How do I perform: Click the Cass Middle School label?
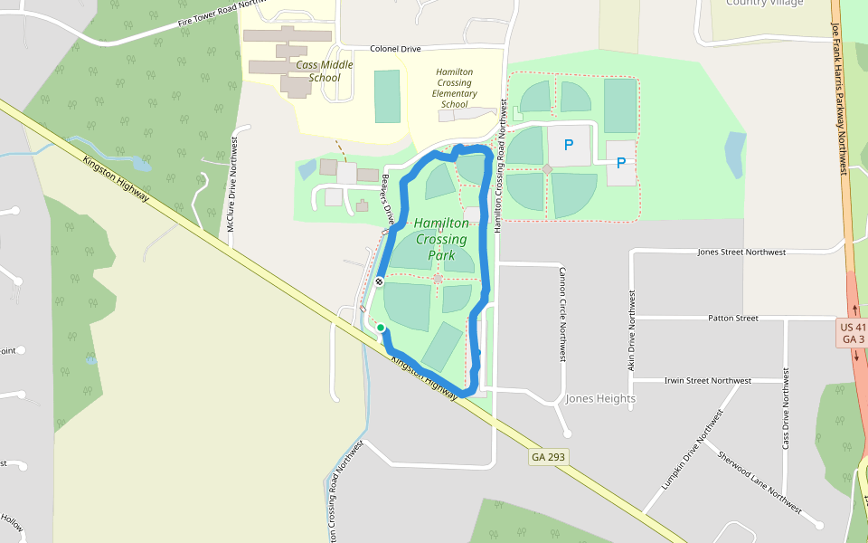(x=318, y=71)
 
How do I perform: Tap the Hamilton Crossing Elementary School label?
(x=454, y=88)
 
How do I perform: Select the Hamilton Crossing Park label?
(x=441, y=239)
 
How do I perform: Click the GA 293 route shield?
(x=549, y=457)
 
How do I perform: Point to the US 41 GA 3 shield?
(x=854, y=333)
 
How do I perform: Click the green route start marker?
(x=381, y=328)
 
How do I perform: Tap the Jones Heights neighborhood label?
(x=600, y=398)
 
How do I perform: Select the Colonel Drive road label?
(x=395, y=49)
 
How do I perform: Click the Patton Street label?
(x=733, y=319)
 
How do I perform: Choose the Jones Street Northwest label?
(x=741, y=252)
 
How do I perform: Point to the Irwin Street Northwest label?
(x=706, y=381)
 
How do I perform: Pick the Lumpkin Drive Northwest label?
(x=693, y=450)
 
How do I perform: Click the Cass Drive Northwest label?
(x=785, y=408)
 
